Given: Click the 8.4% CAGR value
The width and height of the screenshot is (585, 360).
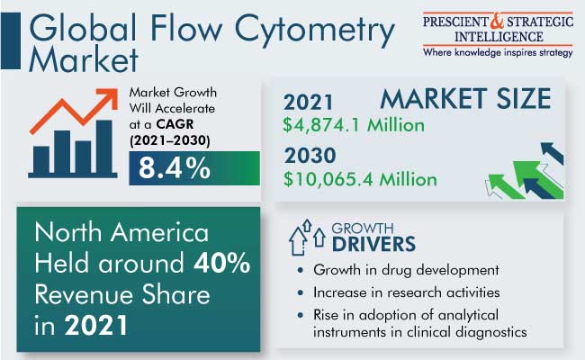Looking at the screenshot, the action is click(x=175, y=168).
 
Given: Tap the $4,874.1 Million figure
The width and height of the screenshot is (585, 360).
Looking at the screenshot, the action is click(x=354, y=125).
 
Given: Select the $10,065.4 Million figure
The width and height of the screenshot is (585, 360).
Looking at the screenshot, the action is click(x=360, y=179).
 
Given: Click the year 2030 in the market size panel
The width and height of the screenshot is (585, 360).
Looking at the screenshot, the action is click(x=310, y=156).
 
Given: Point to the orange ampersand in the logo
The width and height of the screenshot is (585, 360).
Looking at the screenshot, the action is click(x=497, y=21).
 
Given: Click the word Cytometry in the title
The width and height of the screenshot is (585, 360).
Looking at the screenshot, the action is click(x=314, y=30).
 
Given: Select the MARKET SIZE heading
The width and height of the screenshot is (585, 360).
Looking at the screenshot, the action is click(x=465, y=98).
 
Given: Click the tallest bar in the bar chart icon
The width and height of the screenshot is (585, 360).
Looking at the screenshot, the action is click(x=104, y=147).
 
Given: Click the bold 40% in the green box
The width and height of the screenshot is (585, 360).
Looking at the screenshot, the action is click(x=221, y=263).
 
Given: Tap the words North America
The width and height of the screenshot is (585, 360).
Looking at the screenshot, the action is click(x=121, y=232).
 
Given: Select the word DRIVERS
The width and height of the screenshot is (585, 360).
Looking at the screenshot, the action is click(x=373, y=245).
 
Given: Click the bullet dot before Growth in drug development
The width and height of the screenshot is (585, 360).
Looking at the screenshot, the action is click(x=301, y=270).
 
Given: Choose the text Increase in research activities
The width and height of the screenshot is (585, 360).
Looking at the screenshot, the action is click(x=406, y=292).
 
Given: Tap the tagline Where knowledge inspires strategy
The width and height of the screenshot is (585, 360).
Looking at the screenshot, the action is click(x=498, y=52).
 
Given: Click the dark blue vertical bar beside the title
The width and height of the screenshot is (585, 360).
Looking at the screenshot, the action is click(x=11, y=40).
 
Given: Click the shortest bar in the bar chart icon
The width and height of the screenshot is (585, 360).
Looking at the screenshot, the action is click(x=41, y=160).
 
